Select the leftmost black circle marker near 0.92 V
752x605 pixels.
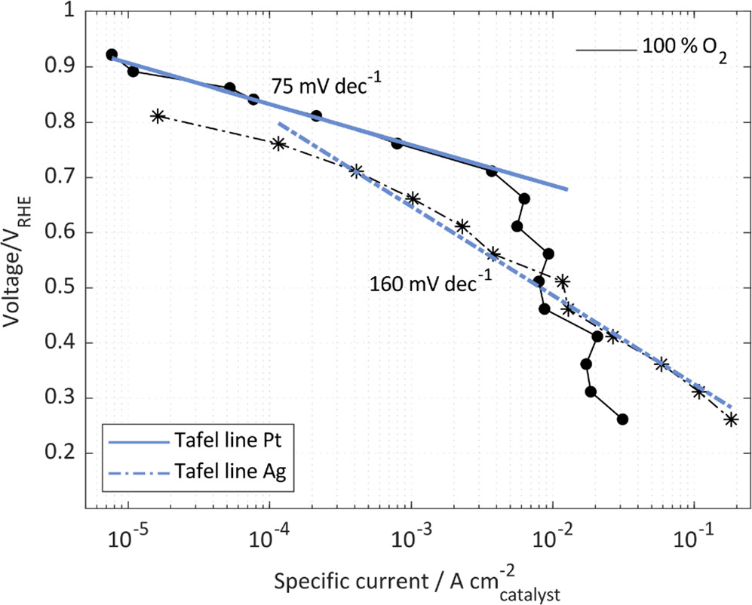[x=112, y=54]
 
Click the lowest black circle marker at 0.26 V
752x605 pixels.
[x=622, y=419]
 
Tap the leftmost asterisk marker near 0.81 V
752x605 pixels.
[x=158, y=116]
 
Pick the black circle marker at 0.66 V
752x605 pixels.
[x=524, y=198]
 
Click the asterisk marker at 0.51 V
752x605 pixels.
[x=562, y=281]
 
